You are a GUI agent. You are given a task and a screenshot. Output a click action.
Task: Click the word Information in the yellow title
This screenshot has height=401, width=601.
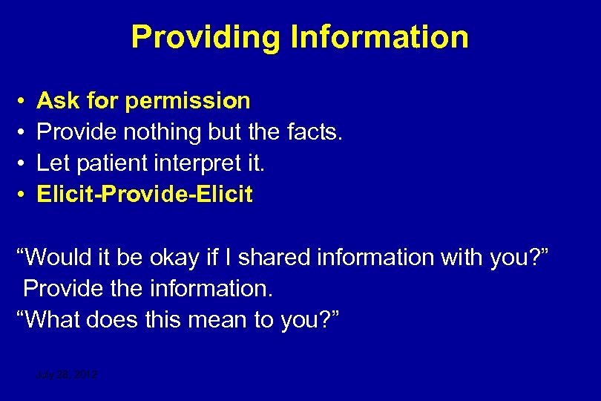379,37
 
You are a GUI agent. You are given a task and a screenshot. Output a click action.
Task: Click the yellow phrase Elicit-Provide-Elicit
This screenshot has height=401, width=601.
145,195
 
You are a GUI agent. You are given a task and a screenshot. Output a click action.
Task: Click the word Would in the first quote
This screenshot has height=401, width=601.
59,258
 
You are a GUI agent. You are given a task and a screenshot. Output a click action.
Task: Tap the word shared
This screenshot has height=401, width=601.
276,258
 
